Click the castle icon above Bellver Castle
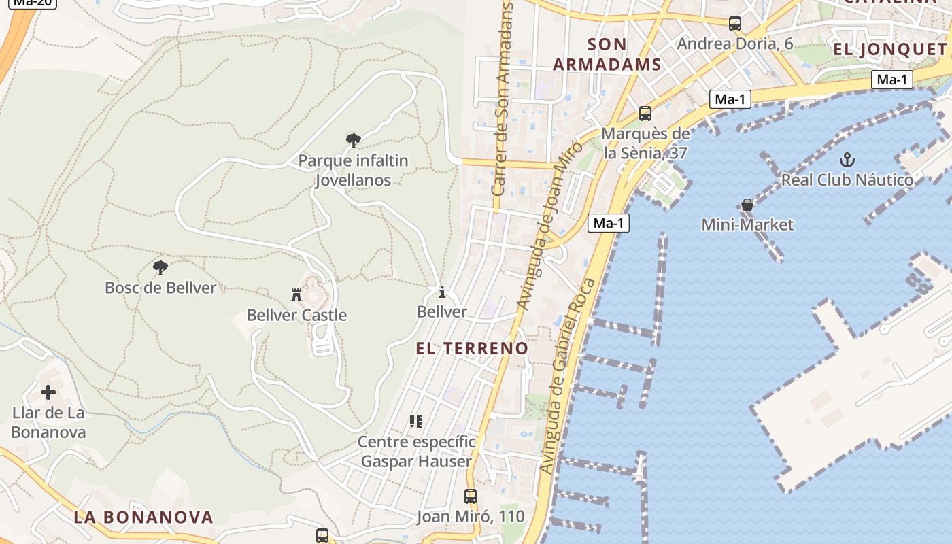[x=296, y=295]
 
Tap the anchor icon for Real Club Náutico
[x=847, y=160]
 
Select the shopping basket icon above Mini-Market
[x=747, y=205]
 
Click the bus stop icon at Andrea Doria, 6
[x=734, y=24]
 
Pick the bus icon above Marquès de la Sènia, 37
[x=645, y=114]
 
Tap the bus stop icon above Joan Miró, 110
[x=470, y=496]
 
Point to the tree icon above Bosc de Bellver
[x=160, y=268]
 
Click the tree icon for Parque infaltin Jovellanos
[x=353, y=141]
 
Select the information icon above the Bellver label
[x=442, y=292]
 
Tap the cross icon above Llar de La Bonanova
[x=48, y=392]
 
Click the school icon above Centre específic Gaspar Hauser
[x=416, y=422]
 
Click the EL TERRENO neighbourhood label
[x=472, y=348]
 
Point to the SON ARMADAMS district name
[x=607, y=54]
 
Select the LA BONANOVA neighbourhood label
[x=143, y=517]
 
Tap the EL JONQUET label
[x=890, y=49]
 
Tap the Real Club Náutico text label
[x=847, y=180]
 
